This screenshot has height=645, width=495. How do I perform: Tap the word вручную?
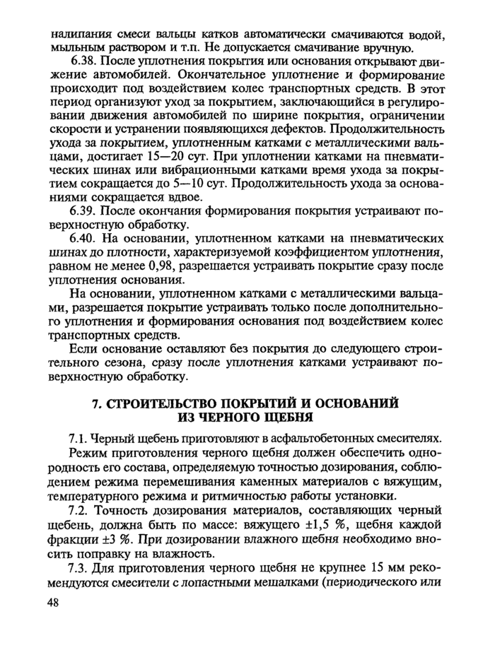[x=387, y=47]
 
